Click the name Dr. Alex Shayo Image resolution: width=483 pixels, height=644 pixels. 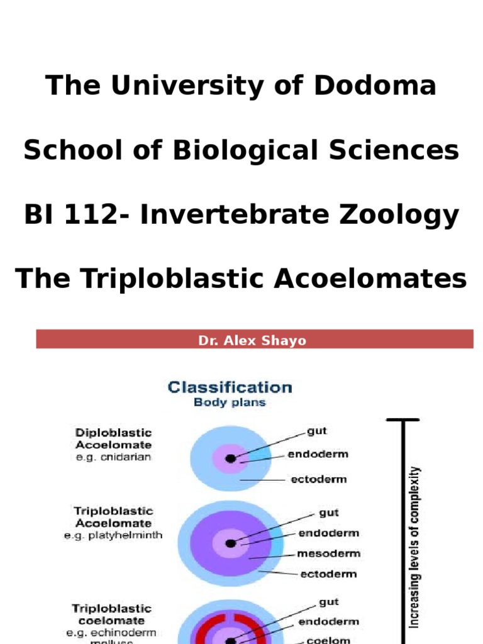pos(252,340)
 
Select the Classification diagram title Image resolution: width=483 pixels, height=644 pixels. pos(230,387)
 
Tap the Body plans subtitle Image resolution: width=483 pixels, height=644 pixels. pos(230,402)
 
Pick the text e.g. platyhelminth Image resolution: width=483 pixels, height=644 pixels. pos(113,536)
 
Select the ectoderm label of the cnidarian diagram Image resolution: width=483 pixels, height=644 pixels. pos(318,479)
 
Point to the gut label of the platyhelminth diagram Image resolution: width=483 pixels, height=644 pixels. pos(329,513)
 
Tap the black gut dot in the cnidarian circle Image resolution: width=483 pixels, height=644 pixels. pos(231,458)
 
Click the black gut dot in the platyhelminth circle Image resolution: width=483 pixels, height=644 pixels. pos(231,542)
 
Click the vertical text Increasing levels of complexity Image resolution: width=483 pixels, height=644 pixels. pos(414,547)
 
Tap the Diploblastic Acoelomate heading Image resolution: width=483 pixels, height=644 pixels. pos(113,439)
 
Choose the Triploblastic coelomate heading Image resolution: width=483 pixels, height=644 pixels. pos(112,614)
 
